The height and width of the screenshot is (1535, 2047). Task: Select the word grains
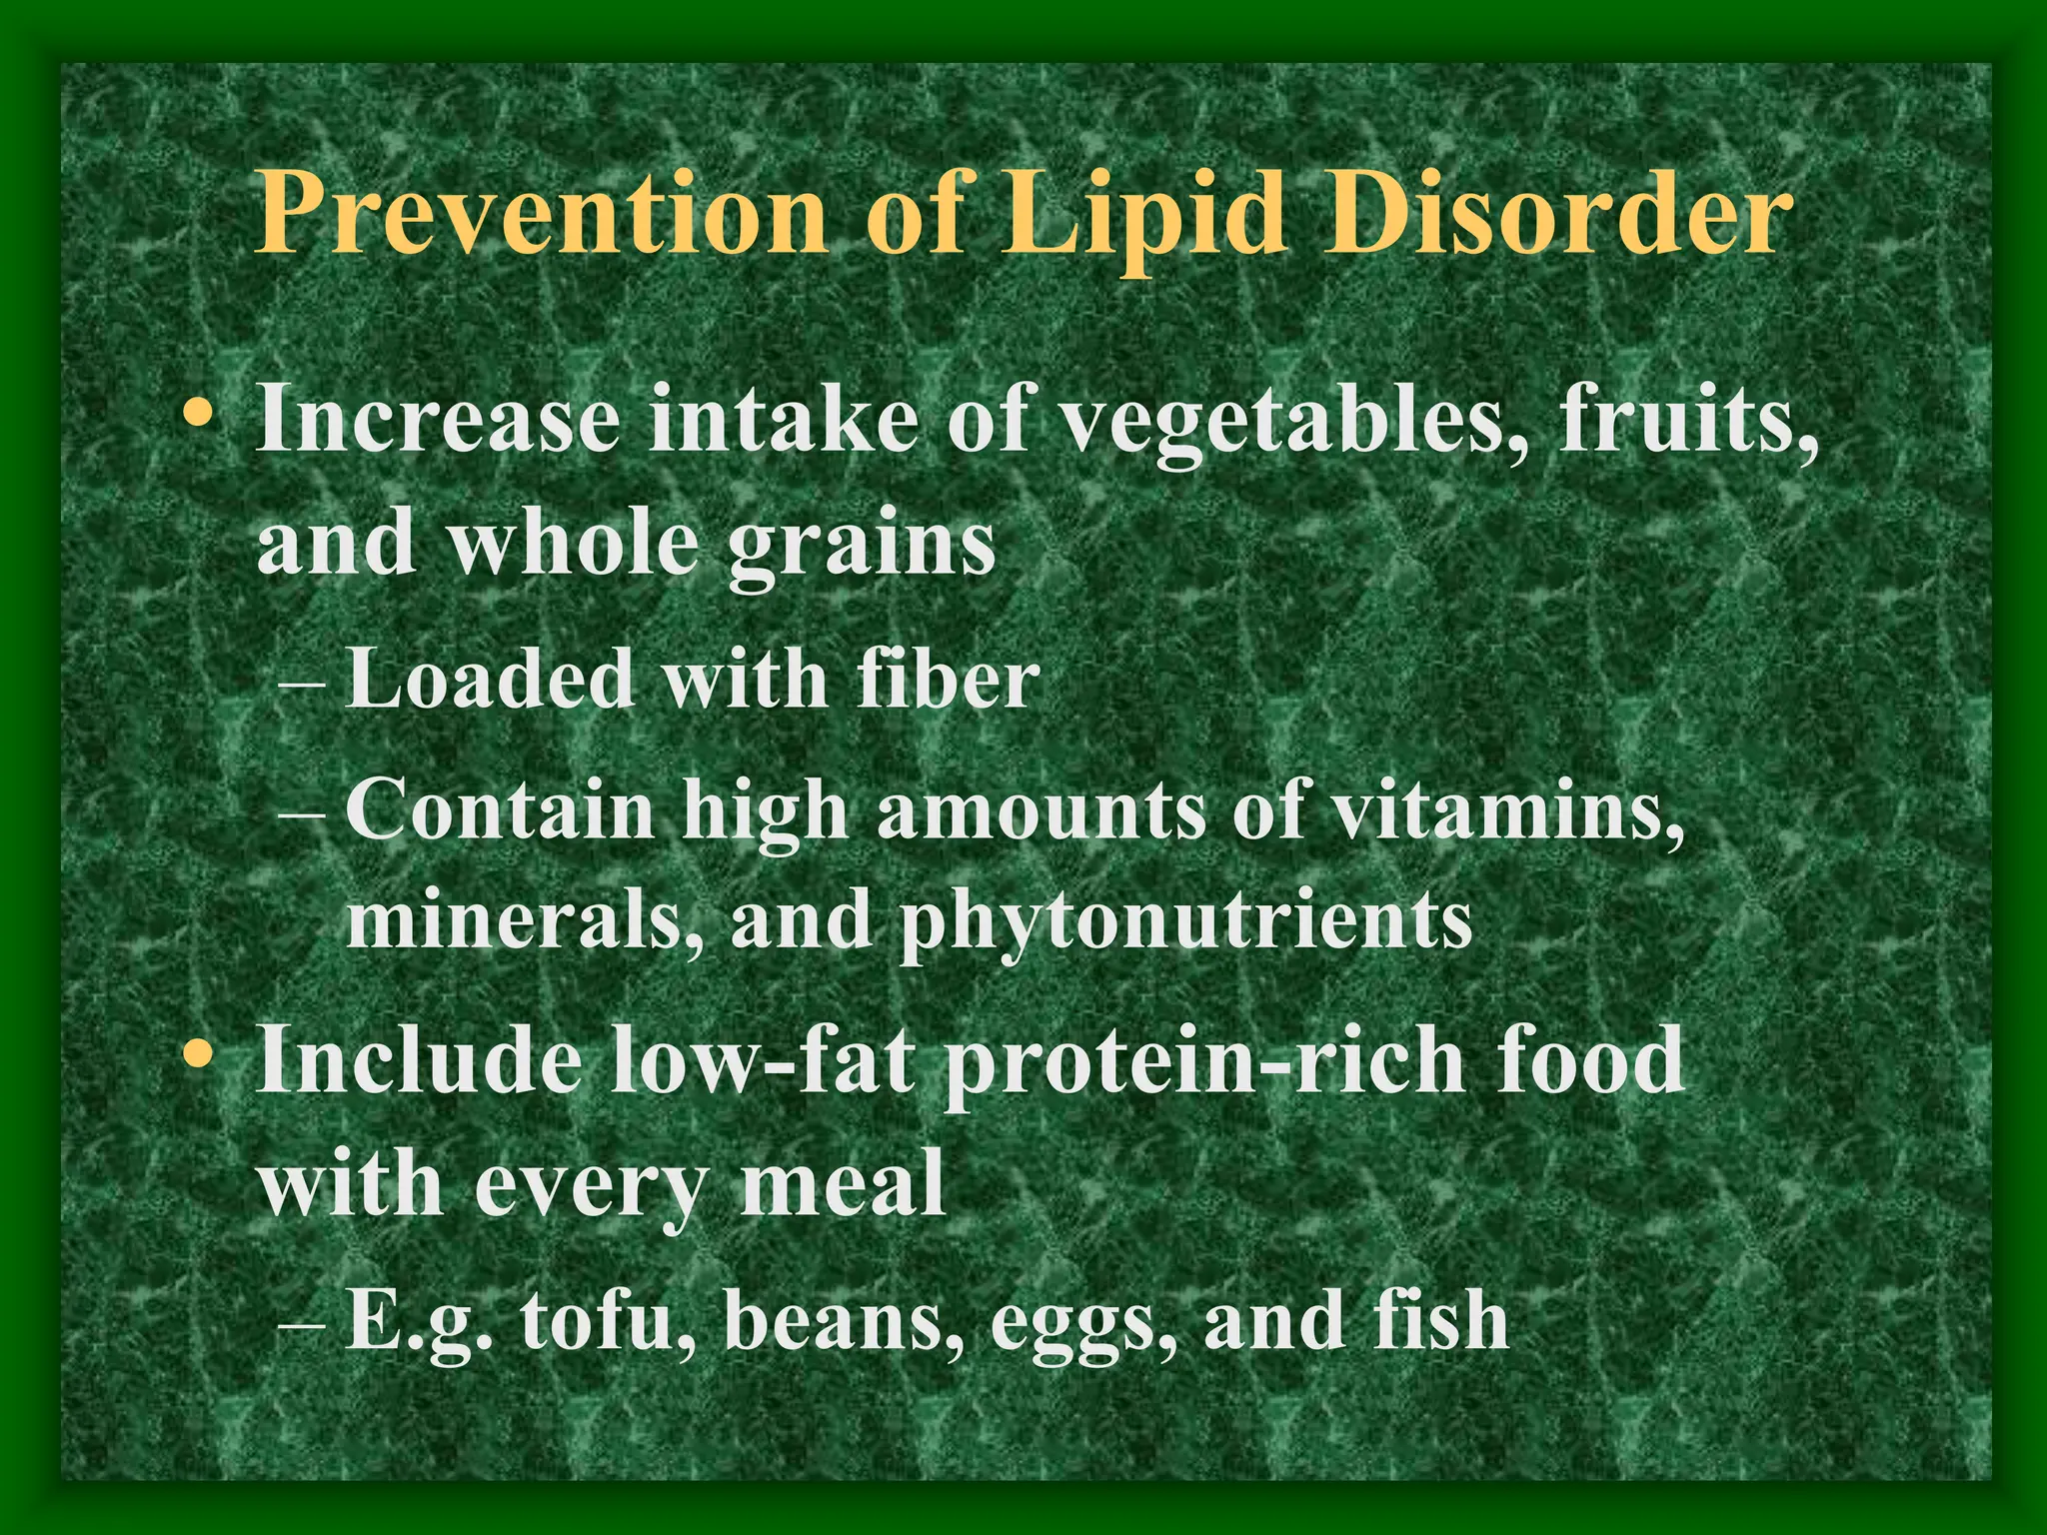861,547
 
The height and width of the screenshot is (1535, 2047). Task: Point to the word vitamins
1508,809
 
